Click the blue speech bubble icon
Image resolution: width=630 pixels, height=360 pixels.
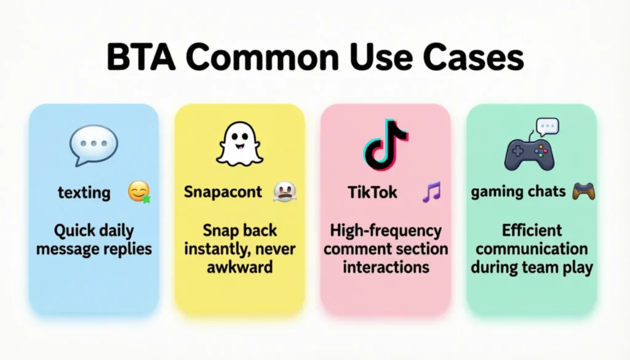[93, 145]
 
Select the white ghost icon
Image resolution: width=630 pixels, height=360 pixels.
[239, 143]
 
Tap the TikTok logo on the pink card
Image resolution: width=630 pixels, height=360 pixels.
[385, 144]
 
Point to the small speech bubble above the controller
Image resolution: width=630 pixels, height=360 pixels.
[547, 126]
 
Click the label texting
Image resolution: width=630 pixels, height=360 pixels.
[84, 193]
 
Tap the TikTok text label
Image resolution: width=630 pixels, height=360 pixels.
[372, 192]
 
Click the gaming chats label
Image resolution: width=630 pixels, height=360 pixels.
[518, 191]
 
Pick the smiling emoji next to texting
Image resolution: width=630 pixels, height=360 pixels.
[139, 193]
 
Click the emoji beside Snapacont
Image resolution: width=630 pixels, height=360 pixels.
[285, 192]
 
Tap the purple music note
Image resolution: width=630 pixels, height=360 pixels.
[431, 192]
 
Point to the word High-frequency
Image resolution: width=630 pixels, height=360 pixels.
[386, 231]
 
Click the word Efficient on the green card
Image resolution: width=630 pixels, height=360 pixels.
[532, 231]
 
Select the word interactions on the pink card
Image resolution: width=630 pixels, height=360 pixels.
[386, 268]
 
